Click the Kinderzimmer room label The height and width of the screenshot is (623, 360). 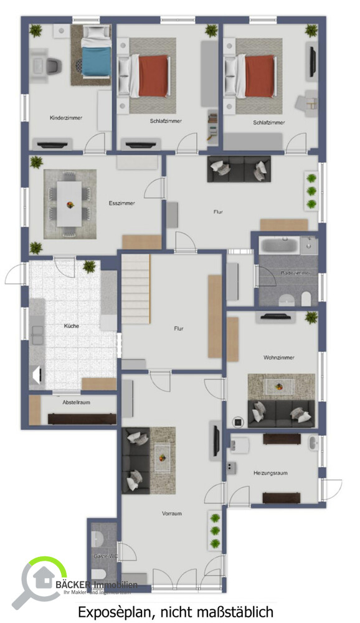[x=66, y=118]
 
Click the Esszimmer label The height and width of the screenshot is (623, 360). [x=121, y=203]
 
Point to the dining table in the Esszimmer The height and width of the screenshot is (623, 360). [x=70, y=203]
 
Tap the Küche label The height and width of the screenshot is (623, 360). [x=72, y=326]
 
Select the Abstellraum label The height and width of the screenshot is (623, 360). [x=76, y=402]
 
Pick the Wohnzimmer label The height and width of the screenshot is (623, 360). [x=278, y=358]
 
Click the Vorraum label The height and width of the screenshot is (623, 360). [x=171, y=513]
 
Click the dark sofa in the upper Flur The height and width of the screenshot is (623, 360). [x=239, y=169]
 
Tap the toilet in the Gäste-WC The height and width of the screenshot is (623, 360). [x=98, y=574]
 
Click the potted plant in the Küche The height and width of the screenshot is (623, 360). [x=89, y=267]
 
